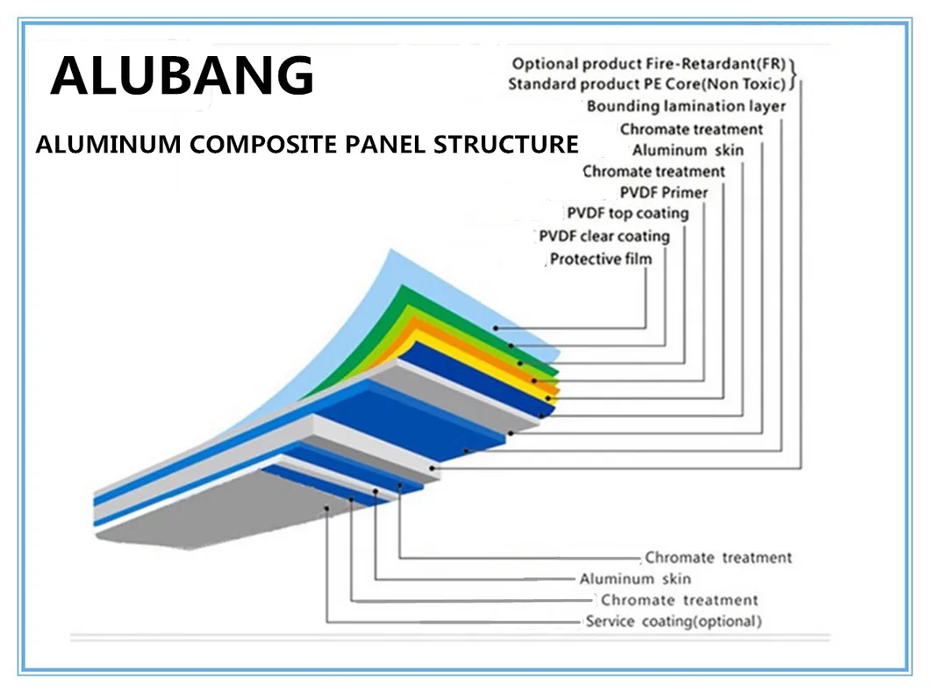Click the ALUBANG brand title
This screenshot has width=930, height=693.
coord(182,75)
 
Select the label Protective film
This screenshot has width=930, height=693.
coord(601,259)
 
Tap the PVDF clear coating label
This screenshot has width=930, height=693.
coord(604,236)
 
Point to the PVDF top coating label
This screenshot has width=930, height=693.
coord(627,213)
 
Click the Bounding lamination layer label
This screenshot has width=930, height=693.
coord(685,107)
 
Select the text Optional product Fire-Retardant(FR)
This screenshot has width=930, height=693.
coord(650,63)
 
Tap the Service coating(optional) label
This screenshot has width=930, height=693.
coord(673,622)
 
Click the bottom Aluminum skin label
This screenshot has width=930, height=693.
coord(634,579)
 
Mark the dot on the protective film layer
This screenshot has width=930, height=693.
coord(496,328)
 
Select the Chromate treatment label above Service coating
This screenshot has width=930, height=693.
coord(679,601)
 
